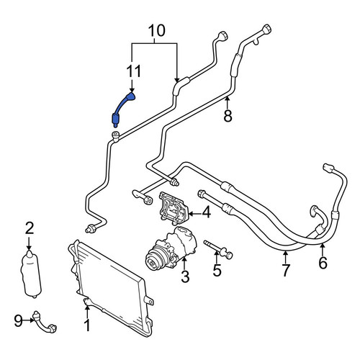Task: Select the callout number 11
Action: point(134,71)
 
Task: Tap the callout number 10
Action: point(157,31)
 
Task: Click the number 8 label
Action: point(228,115)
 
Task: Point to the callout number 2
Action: point(30,228)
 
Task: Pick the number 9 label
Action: point(18,320)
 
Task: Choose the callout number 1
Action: point(87,325)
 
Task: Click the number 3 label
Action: point(185,276)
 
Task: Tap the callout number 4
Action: point(206,212)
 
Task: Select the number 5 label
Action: point(217,270)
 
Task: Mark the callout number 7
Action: point(285,271)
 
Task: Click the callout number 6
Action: point(323,263)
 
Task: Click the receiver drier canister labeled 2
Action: point(31,273)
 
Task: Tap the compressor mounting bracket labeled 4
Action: point(174,209)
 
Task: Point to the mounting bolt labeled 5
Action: point(218,250)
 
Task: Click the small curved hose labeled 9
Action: point(44,323)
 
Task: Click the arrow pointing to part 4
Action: point(195,213)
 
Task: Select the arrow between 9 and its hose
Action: point(29,320)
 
